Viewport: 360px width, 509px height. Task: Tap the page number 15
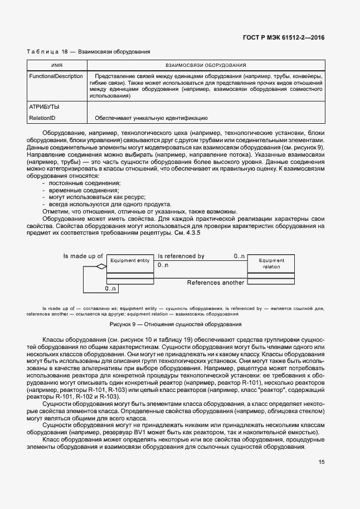point(322,462)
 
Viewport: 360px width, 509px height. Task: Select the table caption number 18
point(64,52)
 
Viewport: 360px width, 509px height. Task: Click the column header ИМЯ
point(57,65)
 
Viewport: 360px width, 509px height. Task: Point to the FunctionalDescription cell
point(56,76)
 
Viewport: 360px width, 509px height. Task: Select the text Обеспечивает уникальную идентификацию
point(151,118)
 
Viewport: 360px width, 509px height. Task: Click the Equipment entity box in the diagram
point(130,261)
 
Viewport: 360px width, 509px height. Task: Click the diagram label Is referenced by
point(181,256)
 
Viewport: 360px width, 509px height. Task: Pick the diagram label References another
point(215,283)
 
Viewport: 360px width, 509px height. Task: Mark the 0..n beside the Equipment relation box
point(239,256)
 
